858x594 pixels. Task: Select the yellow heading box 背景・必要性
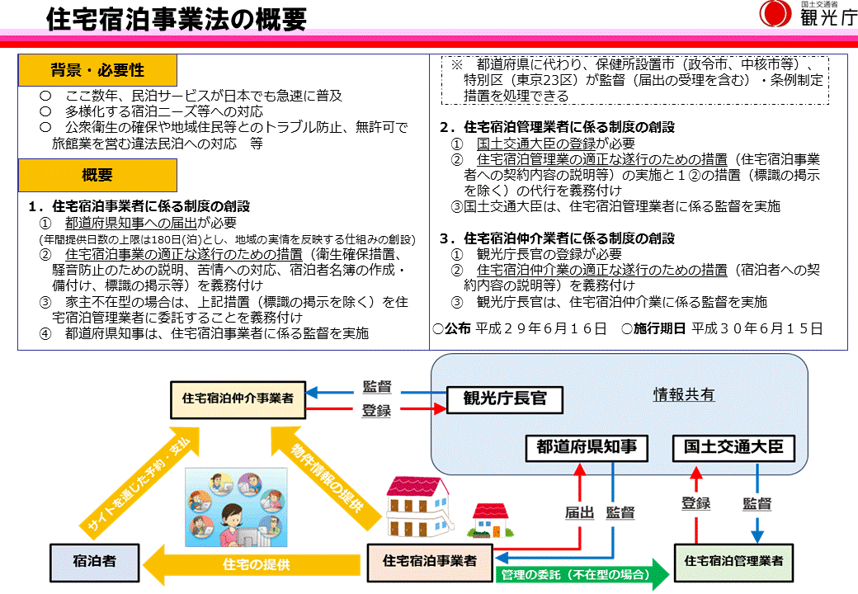[x=97, y=70]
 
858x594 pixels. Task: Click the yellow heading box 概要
[x=97, y=175]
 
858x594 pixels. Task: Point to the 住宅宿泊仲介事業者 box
[x=238, y=398]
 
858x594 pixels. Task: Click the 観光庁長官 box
[x=504, y=399]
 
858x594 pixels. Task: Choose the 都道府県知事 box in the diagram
[x=587, y=448]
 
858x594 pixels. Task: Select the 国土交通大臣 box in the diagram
[x=733, y=448]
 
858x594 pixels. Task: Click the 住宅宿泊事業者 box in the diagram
[x=429, y=560]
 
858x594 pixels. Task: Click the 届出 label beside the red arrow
[x=579, y=511]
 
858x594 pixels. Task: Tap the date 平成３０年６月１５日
[x=757, y=328]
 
